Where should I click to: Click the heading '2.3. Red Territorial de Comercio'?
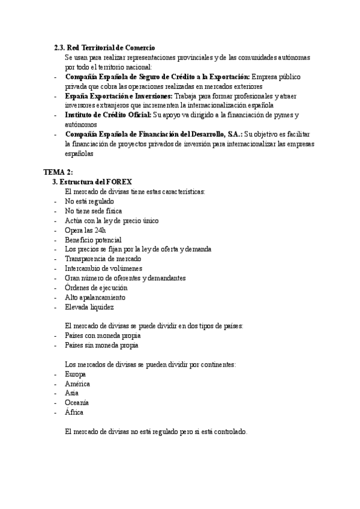[x=105, y=47]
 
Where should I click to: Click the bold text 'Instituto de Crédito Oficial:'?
[x=109, y=115]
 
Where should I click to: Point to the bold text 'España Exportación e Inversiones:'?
[x=118, y=95]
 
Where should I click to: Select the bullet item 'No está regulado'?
[x=89, y=201]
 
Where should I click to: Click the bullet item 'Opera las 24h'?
[x=85, y=230]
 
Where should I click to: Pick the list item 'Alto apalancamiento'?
[x=95, y=297]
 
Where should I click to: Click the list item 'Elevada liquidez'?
[x=89, y=307]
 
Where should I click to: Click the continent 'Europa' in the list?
[x=76, y=374]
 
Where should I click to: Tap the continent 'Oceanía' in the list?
[x=77, y=403]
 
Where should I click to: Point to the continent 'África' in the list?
[x=74, y=412]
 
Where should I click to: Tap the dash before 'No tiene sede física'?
[x=55, y=211]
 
